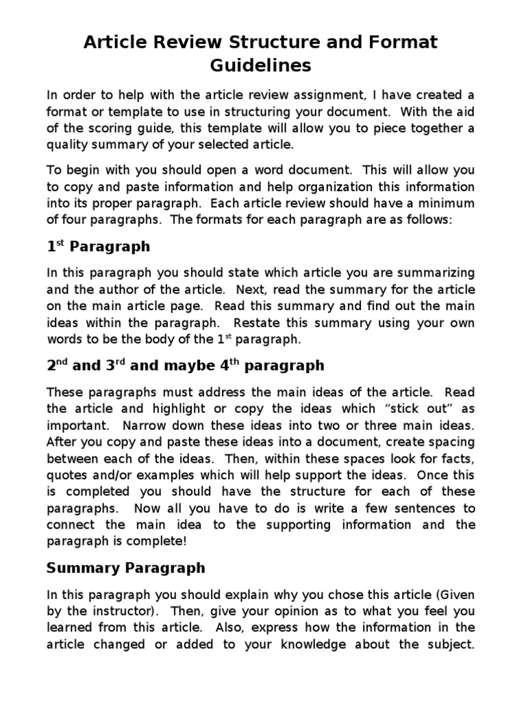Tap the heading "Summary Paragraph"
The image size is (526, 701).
pyautogui.click(x=125, y=568)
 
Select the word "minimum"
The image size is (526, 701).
pyautogui.click(x=444, y=203)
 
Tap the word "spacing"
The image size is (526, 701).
pyautogui.click(x=452, y=442)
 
